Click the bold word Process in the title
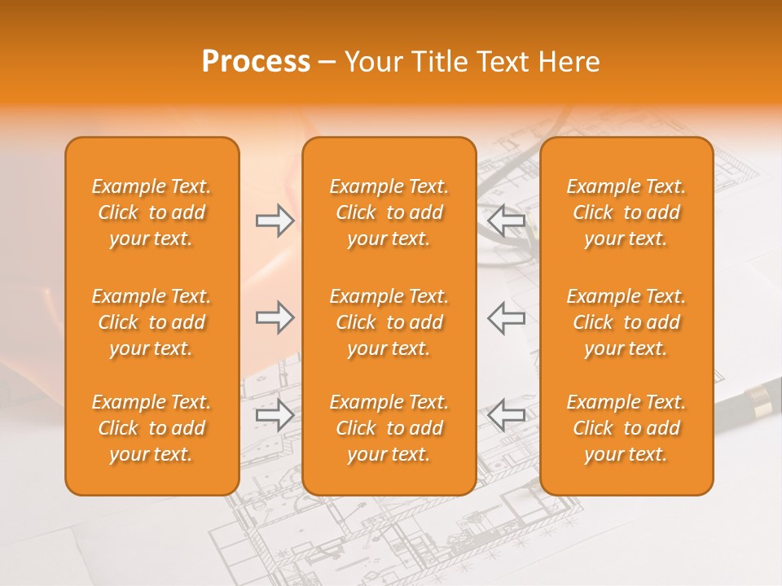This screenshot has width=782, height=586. (x=256, y=62)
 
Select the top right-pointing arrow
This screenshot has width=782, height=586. (x=275, y=220)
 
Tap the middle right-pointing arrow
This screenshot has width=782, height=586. (x=275, y=317)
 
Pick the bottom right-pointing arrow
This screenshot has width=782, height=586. (x=275, y=415)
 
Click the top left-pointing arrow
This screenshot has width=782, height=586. (x=506, y=220)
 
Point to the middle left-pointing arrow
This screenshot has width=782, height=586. (x=506, y=317)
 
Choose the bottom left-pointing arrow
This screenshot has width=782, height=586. (x=506, y=415)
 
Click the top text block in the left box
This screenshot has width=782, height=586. (x=152, y=212)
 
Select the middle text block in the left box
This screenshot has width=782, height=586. (x=152, y=322)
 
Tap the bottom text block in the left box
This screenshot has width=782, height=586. (x=152, y=428)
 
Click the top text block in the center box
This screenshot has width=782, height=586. (x=389, y=212)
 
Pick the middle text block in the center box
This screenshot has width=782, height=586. (x=389, y=322)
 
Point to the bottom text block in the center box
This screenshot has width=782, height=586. (x=389, y=428)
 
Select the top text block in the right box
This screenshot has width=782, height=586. (x=626, y=212)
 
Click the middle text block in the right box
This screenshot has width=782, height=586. (x=626, y=322)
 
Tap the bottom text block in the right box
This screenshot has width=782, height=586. (x=626, y=428)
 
